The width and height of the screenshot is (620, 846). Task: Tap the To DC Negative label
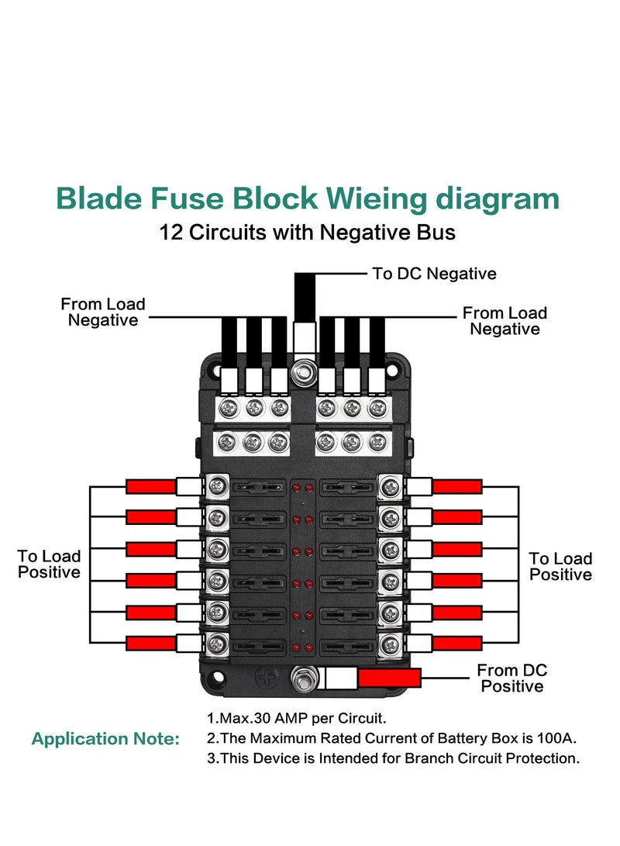tap(434, 274)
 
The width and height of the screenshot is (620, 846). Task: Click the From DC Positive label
tap(512, 678)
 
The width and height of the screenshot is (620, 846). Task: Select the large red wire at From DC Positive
tap(389, 679)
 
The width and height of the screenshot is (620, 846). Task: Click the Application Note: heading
tap(105, 739)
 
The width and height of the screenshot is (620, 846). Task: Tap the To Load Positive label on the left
tap(49, 565)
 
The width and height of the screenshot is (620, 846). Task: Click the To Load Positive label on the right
tap(560, 567)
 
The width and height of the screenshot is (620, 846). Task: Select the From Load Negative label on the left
tap(103, 313)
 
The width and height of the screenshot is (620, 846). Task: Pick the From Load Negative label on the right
tap(505, 321)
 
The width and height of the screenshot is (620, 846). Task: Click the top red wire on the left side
tap(151, 487)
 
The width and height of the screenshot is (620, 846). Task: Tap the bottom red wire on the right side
tap(457, 643)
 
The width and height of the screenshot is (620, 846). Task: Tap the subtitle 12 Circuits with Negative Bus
tap(307, 232)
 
